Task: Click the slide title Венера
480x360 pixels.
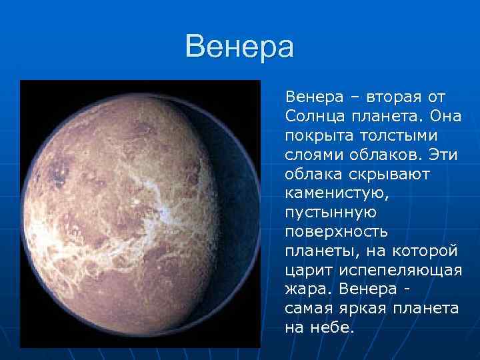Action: (x=239, y=48)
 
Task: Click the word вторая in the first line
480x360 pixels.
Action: (x=385, y=97)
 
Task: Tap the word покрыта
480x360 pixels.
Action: (x=317, y=136)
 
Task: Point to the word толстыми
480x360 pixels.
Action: (x=399, y=136)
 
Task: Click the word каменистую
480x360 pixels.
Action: (x=329, y=194)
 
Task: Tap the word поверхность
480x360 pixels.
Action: (x=337, y=233)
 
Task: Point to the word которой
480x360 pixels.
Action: (x=425, y=252)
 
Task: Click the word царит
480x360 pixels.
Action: (x=304, y=271)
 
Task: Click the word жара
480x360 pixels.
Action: (x=308, y=291)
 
